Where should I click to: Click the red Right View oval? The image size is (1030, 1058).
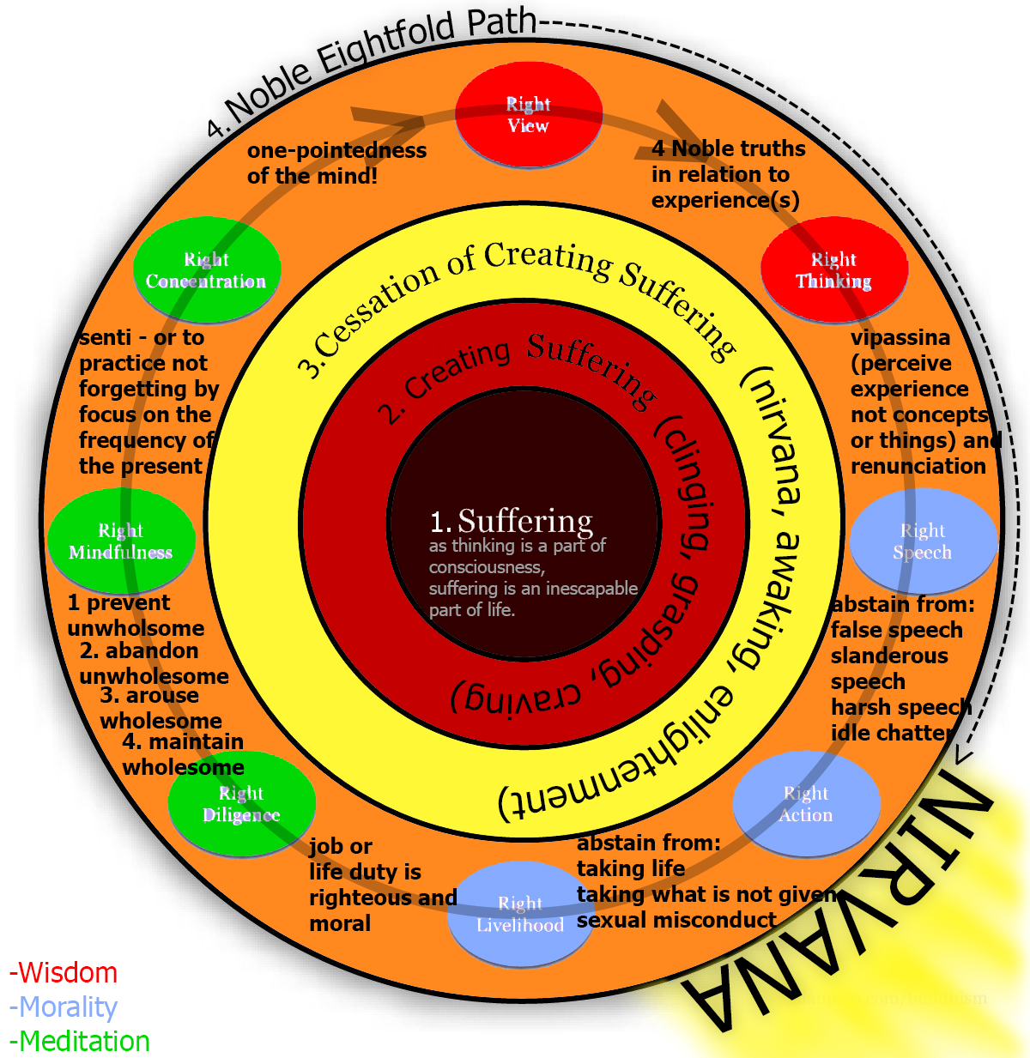pyautogui.click(x=528, y=115)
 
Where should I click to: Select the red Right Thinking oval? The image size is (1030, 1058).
pyautogui.click(x=833, y=270)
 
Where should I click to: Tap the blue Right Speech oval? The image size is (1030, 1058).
pyautogui.click(x=923, y=541)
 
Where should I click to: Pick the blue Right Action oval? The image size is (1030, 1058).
pyautogui.click(x=806, y=804)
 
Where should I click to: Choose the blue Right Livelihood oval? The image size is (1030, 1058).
pyautogui.click(x=520, y=914)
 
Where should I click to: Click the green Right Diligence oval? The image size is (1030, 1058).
pyautogui.click(x=241, y=804)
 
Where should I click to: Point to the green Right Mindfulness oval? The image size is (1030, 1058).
pyautogui.click(x=121, y=541)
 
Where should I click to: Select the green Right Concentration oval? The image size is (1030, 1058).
pyautogui.click(x=206, y=270)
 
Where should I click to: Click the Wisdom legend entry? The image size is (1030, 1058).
pyautogui.click(x=64, y=973)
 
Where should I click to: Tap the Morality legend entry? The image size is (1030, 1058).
pyautogui.click(x=64, y=1007)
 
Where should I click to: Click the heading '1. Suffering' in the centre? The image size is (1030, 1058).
pyautogui.click(x=512, y=521)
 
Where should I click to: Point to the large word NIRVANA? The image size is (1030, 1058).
pyautogui.click(x=841, y=901)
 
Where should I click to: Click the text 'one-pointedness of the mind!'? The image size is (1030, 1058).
pyautogui.click(x=336, y=163)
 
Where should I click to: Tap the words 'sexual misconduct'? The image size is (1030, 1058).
pyautogui.click(x=676, y=920)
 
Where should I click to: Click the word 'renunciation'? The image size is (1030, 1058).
pyautogui.click(x=918, y=466)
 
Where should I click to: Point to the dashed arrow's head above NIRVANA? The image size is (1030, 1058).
pyautogui.click(x=964, y=756)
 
